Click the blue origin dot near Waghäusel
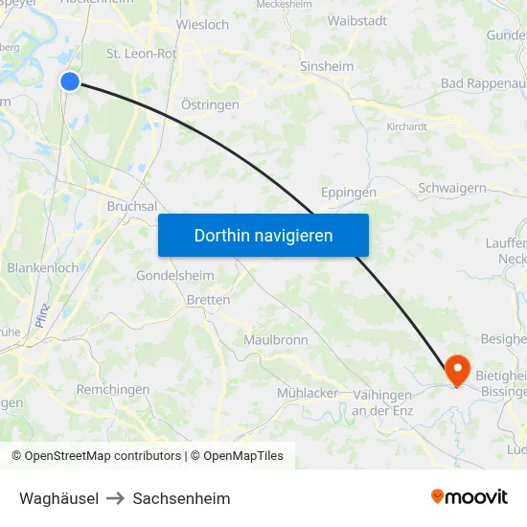click(70, 81)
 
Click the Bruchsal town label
click(131, 206)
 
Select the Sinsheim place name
click(327, 67)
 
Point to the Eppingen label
click(349, 192)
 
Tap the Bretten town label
click(209, 300)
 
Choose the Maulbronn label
click(276, 340)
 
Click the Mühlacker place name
click(308, 393)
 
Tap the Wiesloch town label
click(203, 24)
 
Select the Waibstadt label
click(357, 20)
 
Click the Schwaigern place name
click(452, 189)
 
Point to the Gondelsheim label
click(175, 275)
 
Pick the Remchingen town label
click(113, 390)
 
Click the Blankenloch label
click(43, 268)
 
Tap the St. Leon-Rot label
click(141, 54)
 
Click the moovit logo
click(470, 497)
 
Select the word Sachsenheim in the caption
click(182, 498)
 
